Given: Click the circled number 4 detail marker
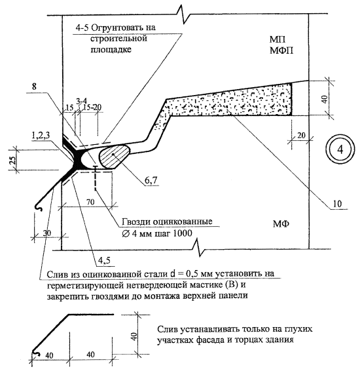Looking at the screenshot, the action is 340,149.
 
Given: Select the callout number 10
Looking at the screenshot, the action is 337,204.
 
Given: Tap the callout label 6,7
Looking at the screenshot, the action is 151,180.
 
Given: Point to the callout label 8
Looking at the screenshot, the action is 34,87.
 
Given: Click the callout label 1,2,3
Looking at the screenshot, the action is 41,136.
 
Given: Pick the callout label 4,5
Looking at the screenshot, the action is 104,260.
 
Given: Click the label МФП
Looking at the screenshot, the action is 281,50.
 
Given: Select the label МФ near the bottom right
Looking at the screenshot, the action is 281,223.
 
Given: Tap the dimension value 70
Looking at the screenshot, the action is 90,202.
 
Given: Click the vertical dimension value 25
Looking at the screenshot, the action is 13,159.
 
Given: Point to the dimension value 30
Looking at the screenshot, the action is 47,233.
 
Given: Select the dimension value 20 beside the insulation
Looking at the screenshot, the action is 301,135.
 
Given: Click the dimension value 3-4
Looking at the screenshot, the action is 81,101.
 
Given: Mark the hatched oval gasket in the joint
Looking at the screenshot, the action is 114,156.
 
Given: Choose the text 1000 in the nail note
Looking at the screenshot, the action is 183,233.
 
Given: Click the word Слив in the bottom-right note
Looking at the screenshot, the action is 168,329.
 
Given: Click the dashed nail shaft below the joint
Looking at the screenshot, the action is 96,178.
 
